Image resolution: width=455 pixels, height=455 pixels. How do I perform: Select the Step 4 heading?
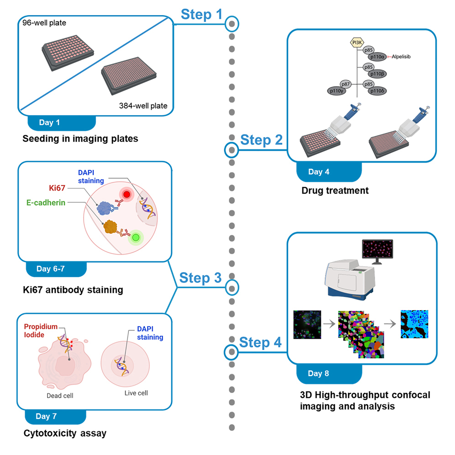(260, 342)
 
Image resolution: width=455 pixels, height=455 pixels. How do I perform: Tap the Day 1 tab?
(49, 122)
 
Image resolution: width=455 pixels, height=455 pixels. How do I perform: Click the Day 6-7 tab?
(50, 269)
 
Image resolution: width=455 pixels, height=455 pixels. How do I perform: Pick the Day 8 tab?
(318, 373)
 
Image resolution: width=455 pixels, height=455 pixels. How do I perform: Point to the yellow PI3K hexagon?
(356, 42)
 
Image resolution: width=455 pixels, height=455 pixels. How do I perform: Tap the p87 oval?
(346, 84)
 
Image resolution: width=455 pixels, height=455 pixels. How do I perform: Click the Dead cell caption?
(60, 396)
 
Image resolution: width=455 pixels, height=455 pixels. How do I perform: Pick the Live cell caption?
(136, 393)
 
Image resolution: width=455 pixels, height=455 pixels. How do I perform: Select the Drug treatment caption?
(334, 190)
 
